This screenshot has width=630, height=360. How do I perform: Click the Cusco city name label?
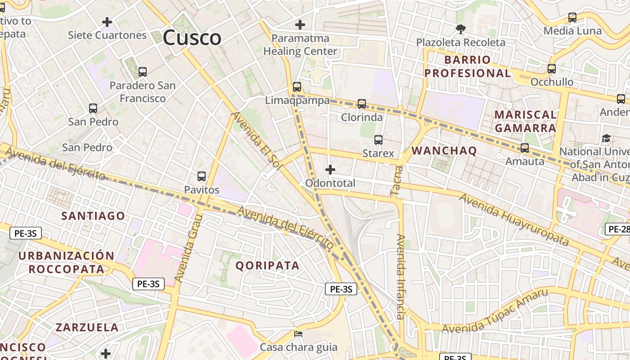[x=192, y=37]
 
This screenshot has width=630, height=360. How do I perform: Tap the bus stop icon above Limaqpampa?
[x=297, y=87]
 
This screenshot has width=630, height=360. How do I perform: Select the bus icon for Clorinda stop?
[x=362, y=104]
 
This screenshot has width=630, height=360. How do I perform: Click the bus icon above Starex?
[x=378, y=140]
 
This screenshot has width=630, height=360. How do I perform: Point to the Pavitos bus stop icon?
[x=202, y=176]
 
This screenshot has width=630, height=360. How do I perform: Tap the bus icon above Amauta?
[x=525, y=148]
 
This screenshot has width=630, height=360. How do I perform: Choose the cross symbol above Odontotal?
[x=330, y=170]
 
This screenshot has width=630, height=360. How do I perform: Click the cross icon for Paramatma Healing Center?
[x=300, y=25]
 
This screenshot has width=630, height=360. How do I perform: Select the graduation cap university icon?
[x=607, y=138]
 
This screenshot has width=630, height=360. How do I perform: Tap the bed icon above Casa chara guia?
[x=298, y=334]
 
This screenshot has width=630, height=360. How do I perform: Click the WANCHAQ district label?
[x=444, y=151]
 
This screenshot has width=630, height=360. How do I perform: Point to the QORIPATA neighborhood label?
[x=267, y=265]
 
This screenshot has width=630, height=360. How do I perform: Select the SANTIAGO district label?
[x=93, y=216]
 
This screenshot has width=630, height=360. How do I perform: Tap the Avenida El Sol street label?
[x=257, y=141]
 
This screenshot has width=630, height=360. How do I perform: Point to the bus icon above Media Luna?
[x=572, y=18]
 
